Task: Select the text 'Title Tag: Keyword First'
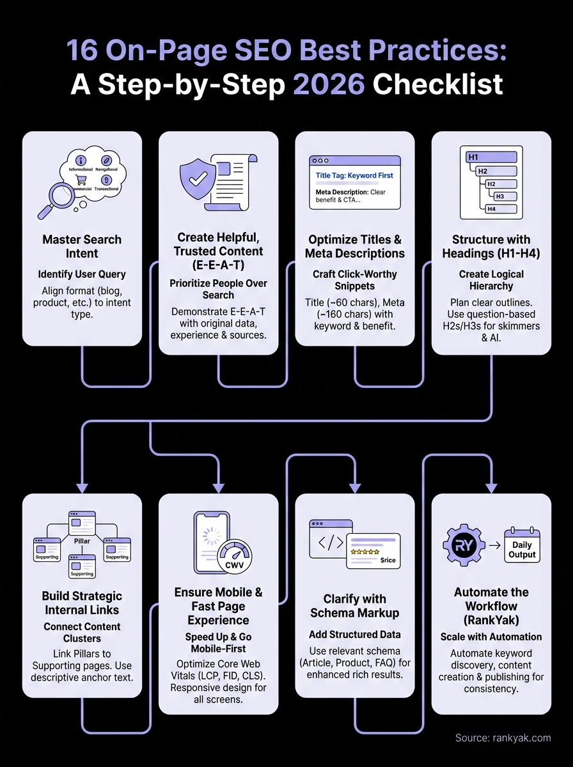354,175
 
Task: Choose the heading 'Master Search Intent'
82,246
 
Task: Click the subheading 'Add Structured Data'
354,634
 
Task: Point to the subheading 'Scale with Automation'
491,637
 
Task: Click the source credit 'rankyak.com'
519,738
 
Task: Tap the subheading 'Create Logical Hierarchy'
491,280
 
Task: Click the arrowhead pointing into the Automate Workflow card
491,488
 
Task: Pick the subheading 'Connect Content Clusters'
82,633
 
